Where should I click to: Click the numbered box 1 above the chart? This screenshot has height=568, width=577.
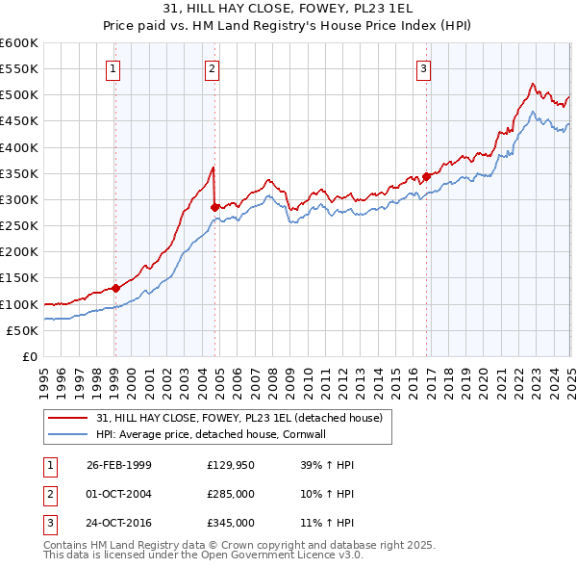pyautogui.click(x=113, y=67)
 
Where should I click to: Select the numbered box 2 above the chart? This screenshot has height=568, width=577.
pyautogui.click(x=212, y=67)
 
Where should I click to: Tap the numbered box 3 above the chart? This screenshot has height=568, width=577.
pyautogui.click(x=423, y=67)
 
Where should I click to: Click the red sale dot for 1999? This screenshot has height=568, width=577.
pyautogui.click(x=115, y=287)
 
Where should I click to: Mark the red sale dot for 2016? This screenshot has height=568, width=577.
pyautogui.click(x=426, y=176)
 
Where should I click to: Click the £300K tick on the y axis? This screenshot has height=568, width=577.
pyautogui.click(x=19, y=199)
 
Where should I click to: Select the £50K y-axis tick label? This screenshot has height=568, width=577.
pyautogui.click(x=22, y=330)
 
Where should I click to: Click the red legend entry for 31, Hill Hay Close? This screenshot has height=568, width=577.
pyautogui.click(x=239, y=418)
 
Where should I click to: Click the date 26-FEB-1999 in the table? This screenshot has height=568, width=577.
pyautogui.click(x=119, y=464)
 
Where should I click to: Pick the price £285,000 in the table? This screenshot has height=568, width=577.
pyautogui.click(x=231, y=494)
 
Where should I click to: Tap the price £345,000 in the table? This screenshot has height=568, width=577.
pyautogui.click(x=231, y=524)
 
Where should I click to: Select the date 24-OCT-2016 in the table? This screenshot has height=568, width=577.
pyautogui.click(x=119, y=524)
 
